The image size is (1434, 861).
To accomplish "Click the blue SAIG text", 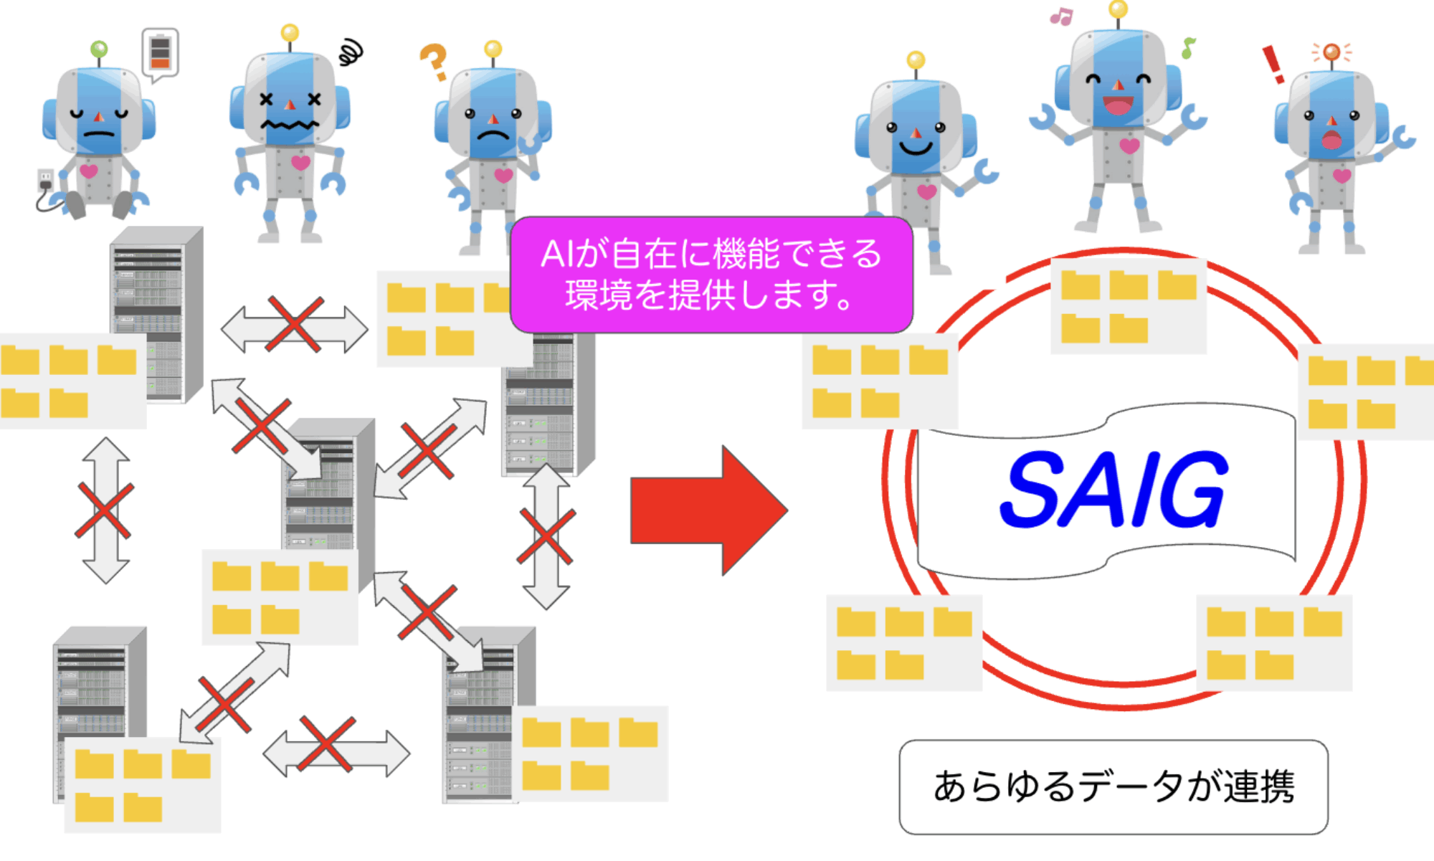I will click(1114, 490).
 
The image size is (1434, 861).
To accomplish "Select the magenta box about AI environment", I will click(711, 275).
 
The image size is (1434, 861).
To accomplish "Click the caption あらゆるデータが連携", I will click(1114, 786).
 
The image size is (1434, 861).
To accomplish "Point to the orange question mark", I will click(434, 61).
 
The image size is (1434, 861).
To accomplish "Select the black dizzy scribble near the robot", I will click(351, 52).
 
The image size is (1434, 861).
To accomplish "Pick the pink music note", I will click(1060, 16).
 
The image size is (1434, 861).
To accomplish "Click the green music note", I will click(1188, 48).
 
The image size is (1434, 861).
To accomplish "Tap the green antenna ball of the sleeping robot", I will click(99, 49).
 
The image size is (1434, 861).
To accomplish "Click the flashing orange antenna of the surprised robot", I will click(1331, 52).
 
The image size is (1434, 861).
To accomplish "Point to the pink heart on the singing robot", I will click(1129, 146).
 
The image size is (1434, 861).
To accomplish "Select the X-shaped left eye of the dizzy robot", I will click(266, 100).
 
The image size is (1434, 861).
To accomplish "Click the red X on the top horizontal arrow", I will click(295, 325).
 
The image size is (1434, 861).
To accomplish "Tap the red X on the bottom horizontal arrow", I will click(326, 743).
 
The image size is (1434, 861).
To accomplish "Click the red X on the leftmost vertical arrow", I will click(105, 510).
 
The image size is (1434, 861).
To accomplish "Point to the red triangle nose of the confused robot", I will click(493, 119).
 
